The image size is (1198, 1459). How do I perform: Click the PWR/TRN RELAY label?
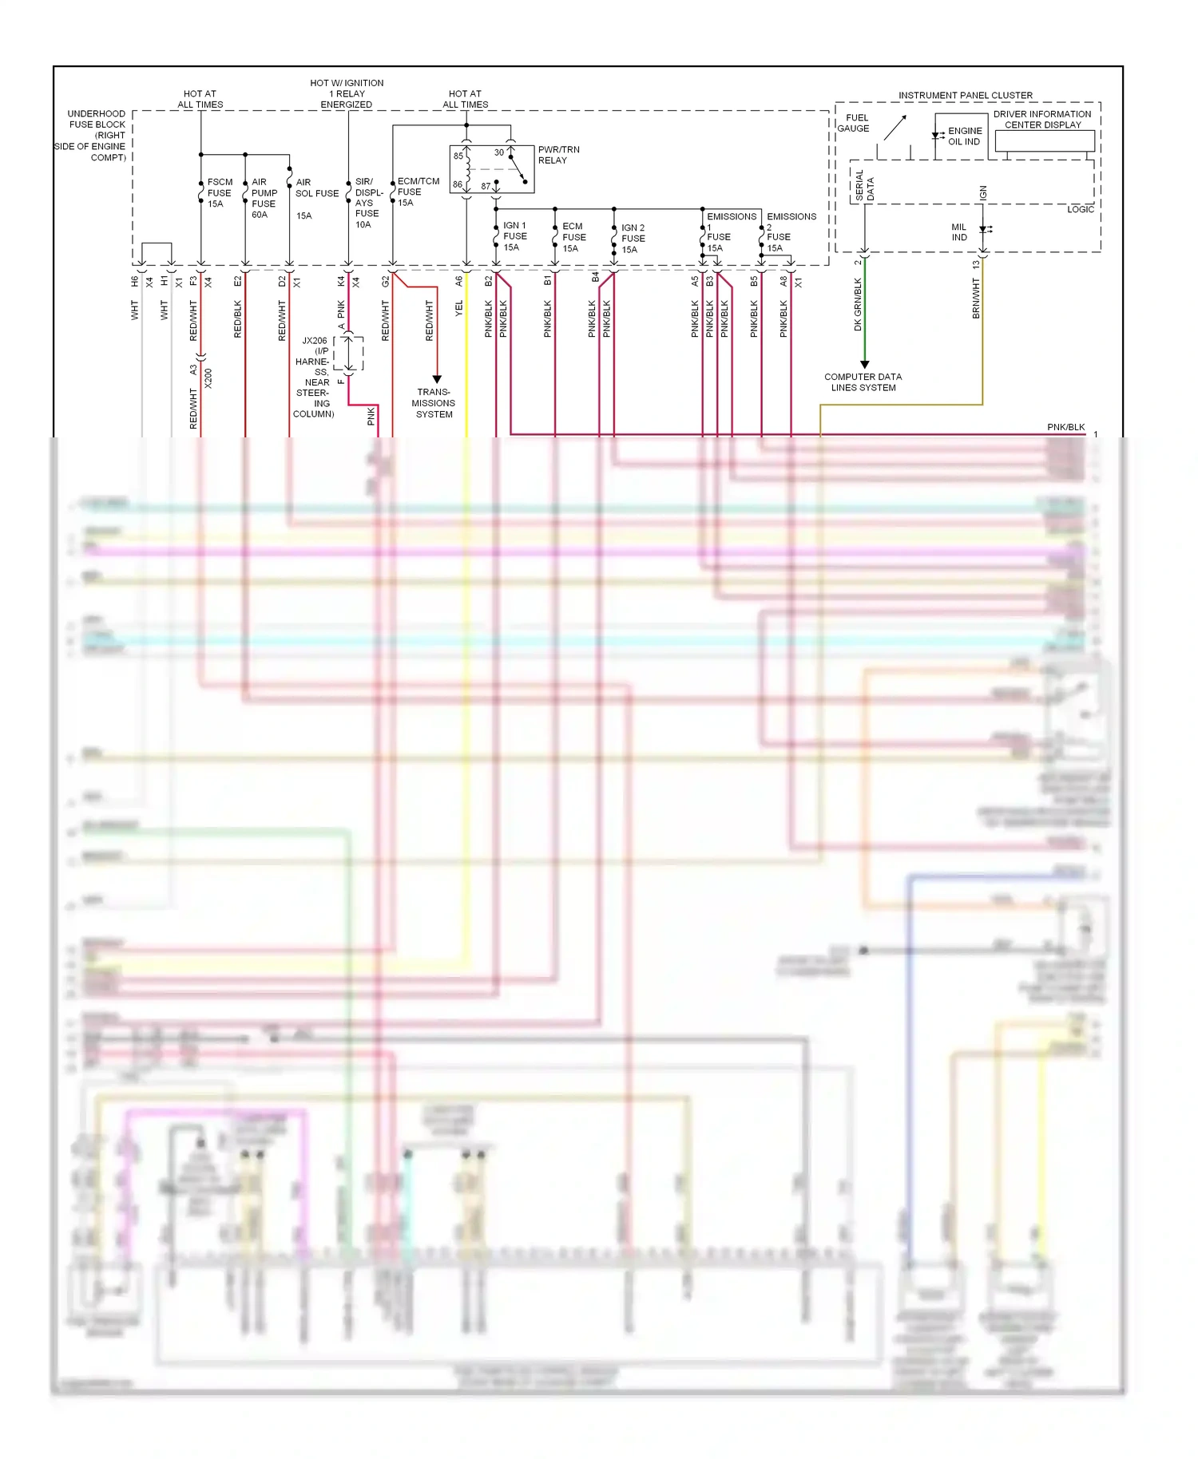tap(558, 155)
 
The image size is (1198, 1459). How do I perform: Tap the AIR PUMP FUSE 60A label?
tap(264, 198)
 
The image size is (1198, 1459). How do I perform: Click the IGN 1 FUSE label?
tap(514, 236)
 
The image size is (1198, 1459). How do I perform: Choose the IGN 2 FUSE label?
tap(633, 239)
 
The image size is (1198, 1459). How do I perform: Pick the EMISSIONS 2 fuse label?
tap(790, 232)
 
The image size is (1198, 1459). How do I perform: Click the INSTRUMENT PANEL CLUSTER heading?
tap(965, 96)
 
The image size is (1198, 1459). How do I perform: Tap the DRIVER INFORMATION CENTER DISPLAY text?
tap(1042, 120)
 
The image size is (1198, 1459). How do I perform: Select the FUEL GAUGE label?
tap(854, 123)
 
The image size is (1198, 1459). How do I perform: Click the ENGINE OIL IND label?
tap(965, 136)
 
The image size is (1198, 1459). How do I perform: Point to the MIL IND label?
tap(959, 232)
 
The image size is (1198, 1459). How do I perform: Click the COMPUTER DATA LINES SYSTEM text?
tap(863, 382)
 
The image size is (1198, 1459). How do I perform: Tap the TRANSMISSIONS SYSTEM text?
tap(434, 403)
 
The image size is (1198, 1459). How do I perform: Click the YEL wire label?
tap(459, 309)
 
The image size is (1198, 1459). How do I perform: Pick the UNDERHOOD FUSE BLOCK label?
tap(94, 136)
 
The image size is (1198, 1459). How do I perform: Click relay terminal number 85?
tap(458, 156)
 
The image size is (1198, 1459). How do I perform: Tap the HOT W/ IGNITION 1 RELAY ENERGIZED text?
tap(347, 93)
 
